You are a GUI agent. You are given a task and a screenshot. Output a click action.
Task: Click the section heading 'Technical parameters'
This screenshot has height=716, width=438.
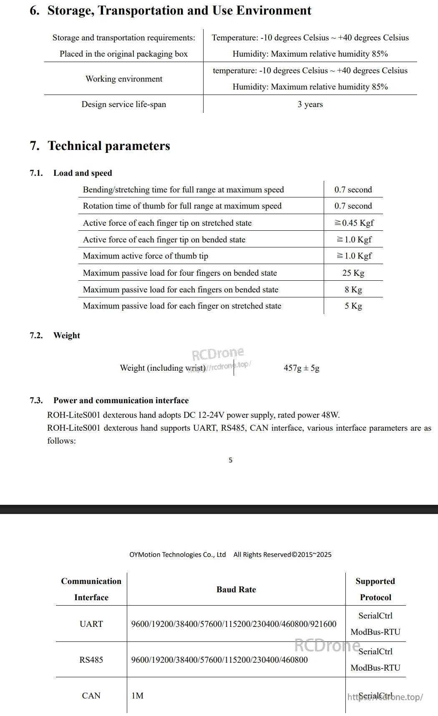click(108, 146)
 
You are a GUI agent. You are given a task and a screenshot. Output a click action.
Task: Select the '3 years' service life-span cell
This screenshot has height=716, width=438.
click(310, 104)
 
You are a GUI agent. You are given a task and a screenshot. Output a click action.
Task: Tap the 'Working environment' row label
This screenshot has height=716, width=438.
click(124, 79)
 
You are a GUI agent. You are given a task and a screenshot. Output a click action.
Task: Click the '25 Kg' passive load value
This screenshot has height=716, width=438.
click(353, 273)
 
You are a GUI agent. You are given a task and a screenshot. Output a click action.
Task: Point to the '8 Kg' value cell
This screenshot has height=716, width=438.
click(353, 289)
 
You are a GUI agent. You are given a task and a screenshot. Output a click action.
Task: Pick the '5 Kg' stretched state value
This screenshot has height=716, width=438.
click(353, 306)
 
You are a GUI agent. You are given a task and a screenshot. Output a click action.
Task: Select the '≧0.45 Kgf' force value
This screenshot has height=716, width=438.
click(354, 223)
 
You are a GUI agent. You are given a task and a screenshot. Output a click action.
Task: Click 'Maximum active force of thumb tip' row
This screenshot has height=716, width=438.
click(145, 256)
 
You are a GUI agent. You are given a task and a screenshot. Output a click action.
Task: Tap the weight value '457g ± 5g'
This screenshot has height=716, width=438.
click(301, 368)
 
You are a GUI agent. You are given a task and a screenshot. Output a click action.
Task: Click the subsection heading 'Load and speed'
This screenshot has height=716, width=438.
click(83, 173)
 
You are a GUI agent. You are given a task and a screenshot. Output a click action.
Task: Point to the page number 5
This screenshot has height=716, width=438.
click(230, 460)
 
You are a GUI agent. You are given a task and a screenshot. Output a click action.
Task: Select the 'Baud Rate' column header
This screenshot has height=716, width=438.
click(236, 589)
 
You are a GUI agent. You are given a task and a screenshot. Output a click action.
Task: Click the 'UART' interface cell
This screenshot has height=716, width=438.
click(91, 624)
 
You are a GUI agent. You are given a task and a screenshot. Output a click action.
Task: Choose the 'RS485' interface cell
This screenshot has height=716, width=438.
click(91, 660)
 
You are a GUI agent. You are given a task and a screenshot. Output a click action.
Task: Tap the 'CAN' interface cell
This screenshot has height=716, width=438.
click(91, 696)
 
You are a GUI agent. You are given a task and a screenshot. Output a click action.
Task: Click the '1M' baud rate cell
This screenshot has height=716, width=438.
click(137, 696)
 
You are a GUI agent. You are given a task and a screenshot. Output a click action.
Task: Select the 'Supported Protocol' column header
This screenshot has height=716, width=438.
click(375, 589)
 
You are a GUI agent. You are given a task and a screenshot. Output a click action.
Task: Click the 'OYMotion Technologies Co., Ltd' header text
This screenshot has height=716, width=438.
click(177, 554)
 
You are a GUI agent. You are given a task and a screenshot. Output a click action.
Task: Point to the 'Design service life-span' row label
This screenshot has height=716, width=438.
click(123, 104)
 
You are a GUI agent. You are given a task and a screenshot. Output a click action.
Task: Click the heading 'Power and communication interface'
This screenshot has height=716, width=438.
click(121, 400)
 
